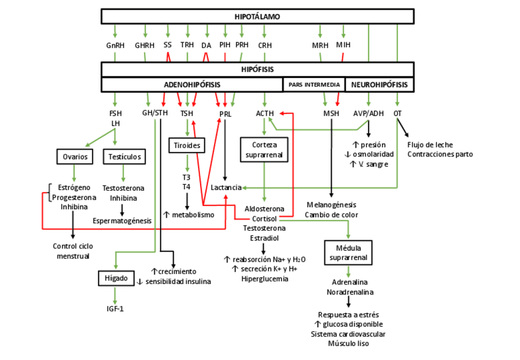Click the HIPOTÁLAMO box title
(257, 17)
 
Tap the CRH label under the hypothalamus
(265, 45)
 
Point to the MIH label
(343, 45)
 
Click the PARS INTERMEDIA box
(314, 85)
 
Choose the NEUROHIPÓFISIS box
(380, 85)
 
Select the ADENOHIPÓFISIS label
(192, 85)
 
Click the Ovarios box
(75, 157)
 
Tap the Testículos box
(124, 157)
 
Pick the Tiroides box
(186, 145)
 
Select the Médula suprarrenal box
(348, 252)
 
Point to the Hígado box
(115, 278)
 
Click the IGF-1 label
(115, 308)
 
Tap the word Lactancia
(226, 187)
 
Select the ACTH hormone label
(265, 113)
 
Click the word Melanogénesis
(331, 205)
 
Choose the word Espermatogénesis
(123, 220)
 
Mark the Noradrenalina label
(349, 293)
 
